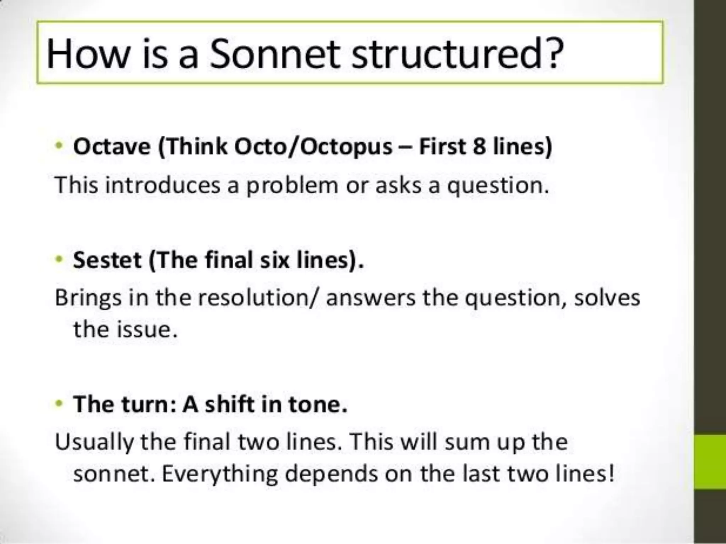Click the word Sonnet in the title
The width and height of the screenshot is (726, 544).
pos(274,54)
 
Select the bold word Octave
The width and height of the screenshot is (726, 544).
pos(112,147)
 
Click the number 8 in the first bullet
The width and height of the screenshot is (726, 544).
pos(479,147)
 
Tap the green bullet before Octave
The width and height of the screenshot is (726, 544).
pos(59,146)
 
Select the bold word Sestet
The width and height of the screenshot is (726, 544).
pos(107,260)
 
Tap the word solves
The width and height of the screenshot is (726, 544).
pos(607,297)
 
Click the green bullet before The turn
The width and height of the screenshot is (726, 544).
pos(59,403)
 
